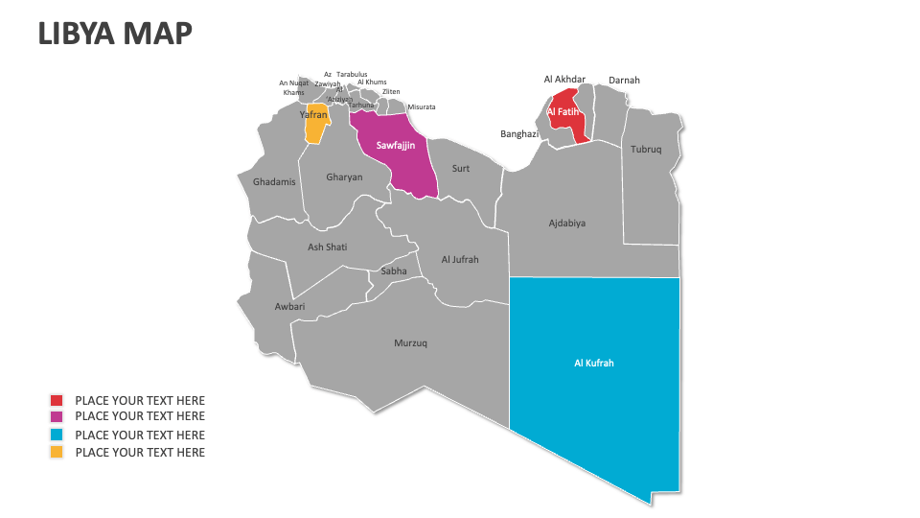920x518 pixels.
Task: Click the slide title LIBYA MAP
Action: point(115,34)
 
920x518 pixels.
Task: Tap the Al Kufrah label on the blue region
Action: point(593,364)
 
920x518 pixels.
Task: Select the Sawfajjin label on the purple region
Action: point(395,146)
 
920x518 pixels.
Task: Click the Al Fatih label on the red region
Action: point(563,112)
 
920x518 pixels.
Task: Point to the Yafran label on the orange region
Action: point(315,115)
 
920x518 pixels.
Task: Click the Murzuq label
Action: point(410,342)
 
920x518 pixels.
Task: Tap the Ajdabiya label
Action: point(566,224)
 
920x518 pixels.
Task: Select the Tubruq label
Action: point(646,150)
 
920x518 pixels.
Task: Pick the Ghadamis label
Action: point(274,182)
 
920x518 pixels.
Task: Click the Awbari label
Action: point(289,307)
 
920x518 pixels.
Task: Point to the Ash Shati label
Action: point(327,247)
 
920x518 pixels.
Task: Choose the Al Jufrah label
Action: point(460,260)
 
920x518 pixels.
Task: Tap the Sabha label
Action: point(394,271)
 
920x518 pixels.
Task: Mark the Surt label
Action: point(461,169)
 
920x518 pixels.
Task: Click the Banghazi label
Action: point(519,134)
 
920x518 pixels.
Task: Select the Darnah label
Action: point(624,81)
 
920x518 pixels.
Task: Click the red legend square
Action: point(57,401)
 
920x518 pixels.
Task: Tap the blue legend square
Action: point(57,435)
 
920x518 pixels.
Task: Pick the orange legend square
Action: point(57,452)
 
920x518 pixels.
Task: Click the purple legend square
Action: point(57,416)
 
